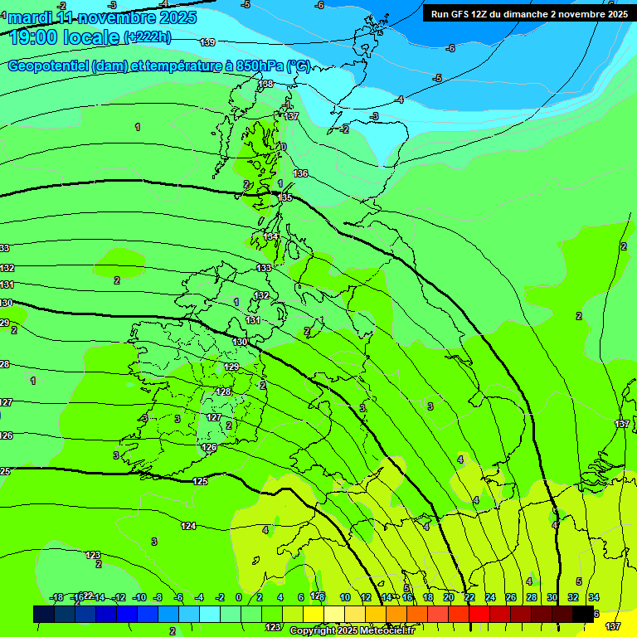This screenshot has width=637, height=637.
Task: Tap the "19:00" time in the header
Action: coord(34,36)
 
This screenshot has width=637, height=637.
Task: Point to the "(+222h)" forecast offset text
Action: coord(147,36)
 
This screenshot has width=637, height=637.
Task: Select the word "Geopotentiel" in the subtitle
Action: coord(46,66)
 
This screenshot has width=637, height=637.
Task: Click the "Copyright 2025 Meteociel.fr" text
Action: coord(351,631)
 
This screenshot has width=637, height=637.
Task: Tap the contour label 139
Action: coord(207,42)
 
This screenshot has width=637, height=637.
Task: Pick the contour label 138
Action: coord(265,84)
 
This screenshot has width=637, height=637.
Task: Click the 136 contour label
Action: coord(300,173)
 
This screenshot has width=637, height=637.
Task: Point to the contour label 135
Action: coord(285,197)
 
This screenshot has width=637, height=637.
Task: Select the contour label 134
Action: coord(271,237)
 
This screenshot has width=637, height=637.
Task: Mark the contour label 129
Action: coord(231,367)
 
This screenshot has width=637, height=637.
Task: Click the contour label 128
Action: coord(223,391)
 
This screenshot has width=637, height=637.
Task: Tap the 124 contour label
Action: coord(188,526)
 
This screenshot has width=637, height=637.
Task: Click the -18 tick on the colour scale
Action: coord(57,597)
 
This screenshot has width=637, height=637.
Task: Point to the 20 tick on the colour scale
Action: coord(448,597)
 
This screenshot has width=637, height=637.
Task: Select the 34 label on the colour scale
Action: coord(593,597)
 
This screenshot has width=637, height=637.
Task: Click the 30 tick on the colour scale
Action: coord(552,597)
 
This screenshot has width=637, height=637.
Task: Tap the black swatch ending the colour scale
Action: coord(583,614)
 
